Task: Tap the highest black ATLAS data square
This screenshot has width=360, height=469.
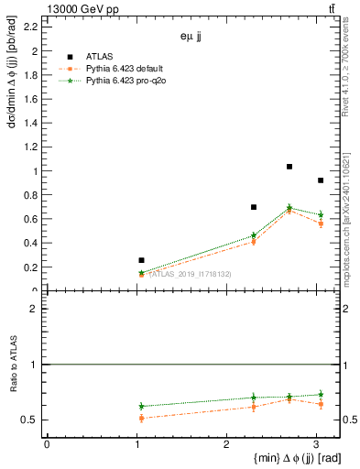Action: [289, 167]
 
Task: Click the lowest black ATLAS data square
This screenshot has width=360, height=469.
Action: [141, 260]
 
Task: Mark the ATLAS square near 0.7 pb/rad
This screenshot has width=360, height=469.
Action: [254, 207]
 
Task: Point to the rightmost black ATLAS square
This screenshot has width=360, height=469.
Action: [320, 180]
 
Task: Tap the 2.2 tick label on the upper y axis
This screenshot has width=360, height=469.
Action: [29, 27]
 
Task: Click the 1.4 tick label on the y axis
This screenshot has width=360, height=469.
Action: [29, 123]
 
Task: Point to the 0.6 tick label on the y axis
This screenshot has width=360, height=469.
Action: [29, 219]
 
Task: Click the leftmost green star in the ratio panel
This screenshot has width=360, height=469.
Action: [141, 406]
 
